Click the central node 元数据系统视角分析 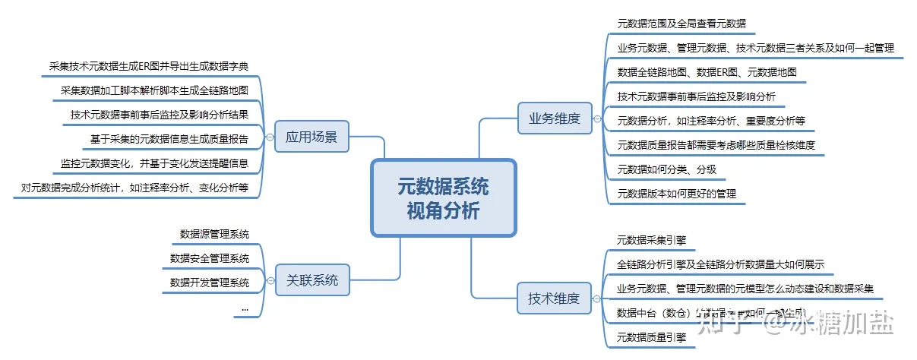tap(443, 197)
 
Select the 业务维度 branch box tap(554, 118)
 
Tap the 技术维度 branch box tap(554, 298)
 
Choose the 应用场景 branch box tap(311, 137)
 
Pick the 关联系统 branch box tap(311, 279)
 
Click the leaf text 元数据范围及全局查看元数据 tap(681, 24)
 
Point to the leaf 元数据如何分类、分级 tap(667, 169)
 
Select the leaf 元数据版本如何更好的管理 tap(677, 194)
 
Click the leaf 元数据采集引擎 tap(652, 241)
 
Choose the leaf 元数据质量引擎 tap(652, 338)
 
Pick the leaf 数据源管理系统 tap(214, 234)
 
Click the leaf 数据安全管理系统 tap(210, 258)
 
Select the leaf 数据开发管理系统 tap(210, 283)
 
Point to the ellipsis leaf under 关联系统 tap(245, 308)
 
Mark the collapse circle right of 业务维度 tap(597, 118)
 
